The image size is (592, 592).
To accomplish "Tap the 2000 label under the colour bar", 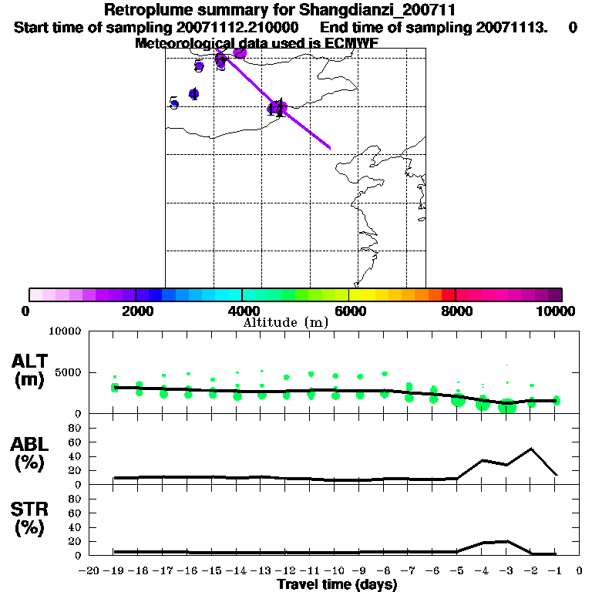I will pyautogui.click(x=135, y=311).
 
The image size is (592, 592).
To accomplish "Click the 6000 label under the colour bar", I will pyautogui.click(x=348, y=311).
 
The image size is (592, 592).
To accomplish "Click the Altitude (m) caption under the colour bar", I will pyautogui.click(x=285, y=322).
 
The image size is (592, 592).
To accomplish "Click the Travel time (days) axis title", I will pyautogui.click(x=337, y=585).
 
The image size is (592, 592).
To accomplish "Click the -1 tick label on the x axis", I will pyautogui.click(x=553, y=571).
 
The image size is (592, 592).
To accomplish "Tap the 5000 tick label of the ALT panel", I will pyautogui.click(x=69, y=372).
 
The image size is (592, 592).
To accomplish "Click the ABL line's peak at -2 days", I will pyautogui.click(x=531, y=449).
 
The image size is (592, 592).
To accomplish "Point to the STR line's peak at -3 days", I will pyautogui.click(x=506, y=541).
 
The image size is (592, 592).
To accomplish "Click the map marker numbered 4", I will pyautogui.click(x=193, y=95).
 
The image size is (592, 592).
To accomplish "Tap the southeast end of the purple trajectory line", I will pyautogui.click(x=330, y=148).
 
